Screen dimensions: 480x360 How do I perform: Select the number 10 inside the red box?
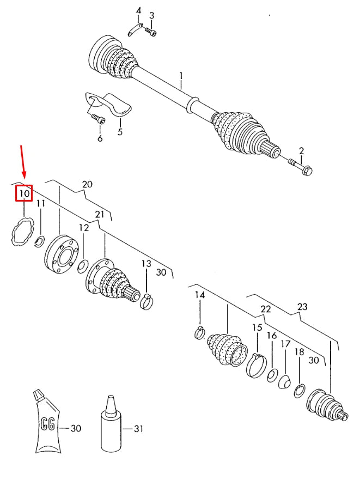tap(23, 193)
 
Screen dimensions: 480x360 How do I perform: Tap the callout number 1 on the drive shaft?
tap(181, 75)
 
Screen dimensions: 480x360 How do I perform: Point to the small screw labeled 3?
tap(153, 32)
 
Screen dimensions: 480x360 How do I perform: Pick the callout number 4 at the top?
tap(138, 11)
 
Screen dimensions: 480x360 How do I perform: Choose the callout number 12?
tap(83, 227)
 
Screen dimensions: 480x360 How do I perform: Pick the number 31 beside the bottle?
tap(138, 429)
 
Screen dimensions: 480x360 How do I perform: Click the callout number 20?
tap(88, 184)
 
